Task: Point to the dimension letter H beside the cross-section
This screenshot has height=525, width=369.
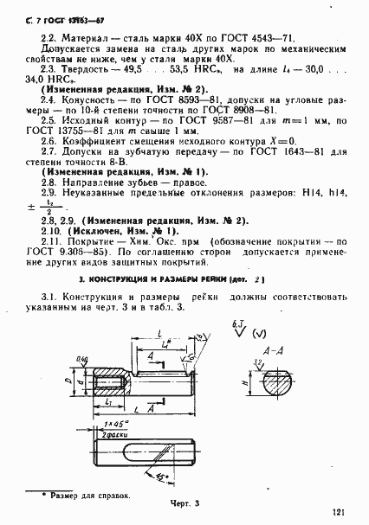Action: click(x=249, y=379)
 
